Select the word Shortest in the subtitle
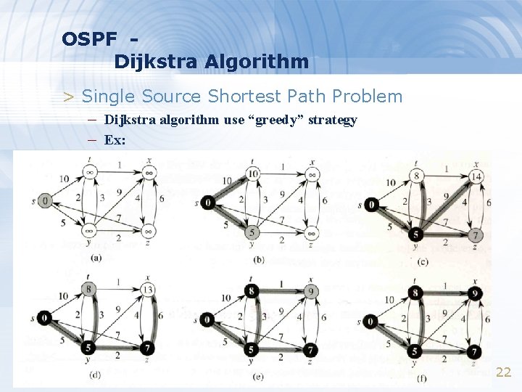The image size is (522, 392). pyautogui.click(x=241, y=96)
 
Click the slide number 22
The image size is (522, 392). pyautogui.click(x=503, y=372)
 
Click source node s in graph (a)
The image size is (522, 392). pyautogui.click(x=45, y=200)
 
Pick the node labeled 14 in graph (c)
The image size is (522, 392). pyautogui.click(x=476, y=176)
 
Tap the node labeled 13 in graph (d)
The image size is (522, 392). pyautogui.click(x=148, y=290)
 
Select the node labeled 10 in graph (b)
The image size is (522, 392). pyautogui.click(x=252, y=173)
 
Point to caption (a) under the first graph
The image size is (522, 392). pyautogui.click(x=95, y=257)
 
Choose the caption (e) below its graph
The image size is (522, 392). pyautogui.click(x=259, y=376)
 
